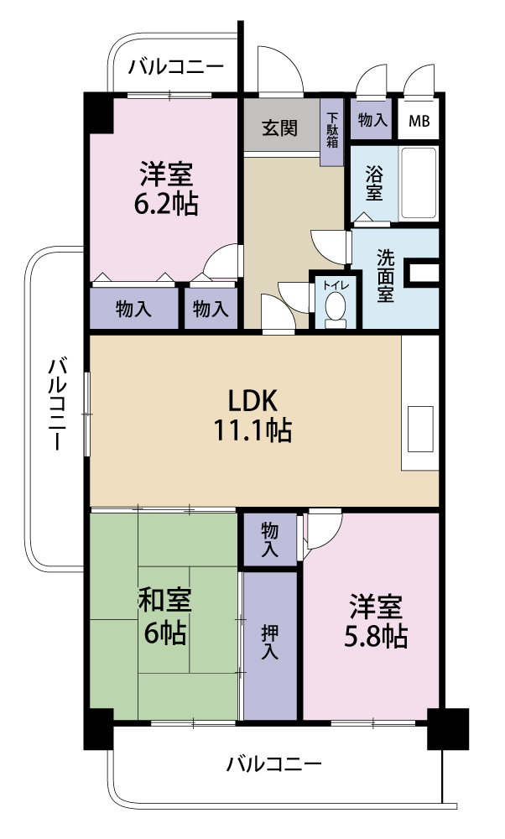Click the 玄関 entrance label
[x=279, y=128]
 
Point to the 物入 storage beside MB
[x=372, y=121]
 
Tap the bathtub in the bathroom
[x=419, y=183]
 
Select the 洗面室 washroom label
[x=385, y=276]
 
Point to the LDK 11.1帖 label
[x=251, y=414]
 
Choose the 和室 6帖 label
[x=164, y=617]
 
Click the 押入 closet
[x=270, y=643]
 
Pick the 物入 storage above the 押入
[x=270, y=540]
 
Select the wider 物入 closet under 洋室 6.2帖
[x=133, y=309]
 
